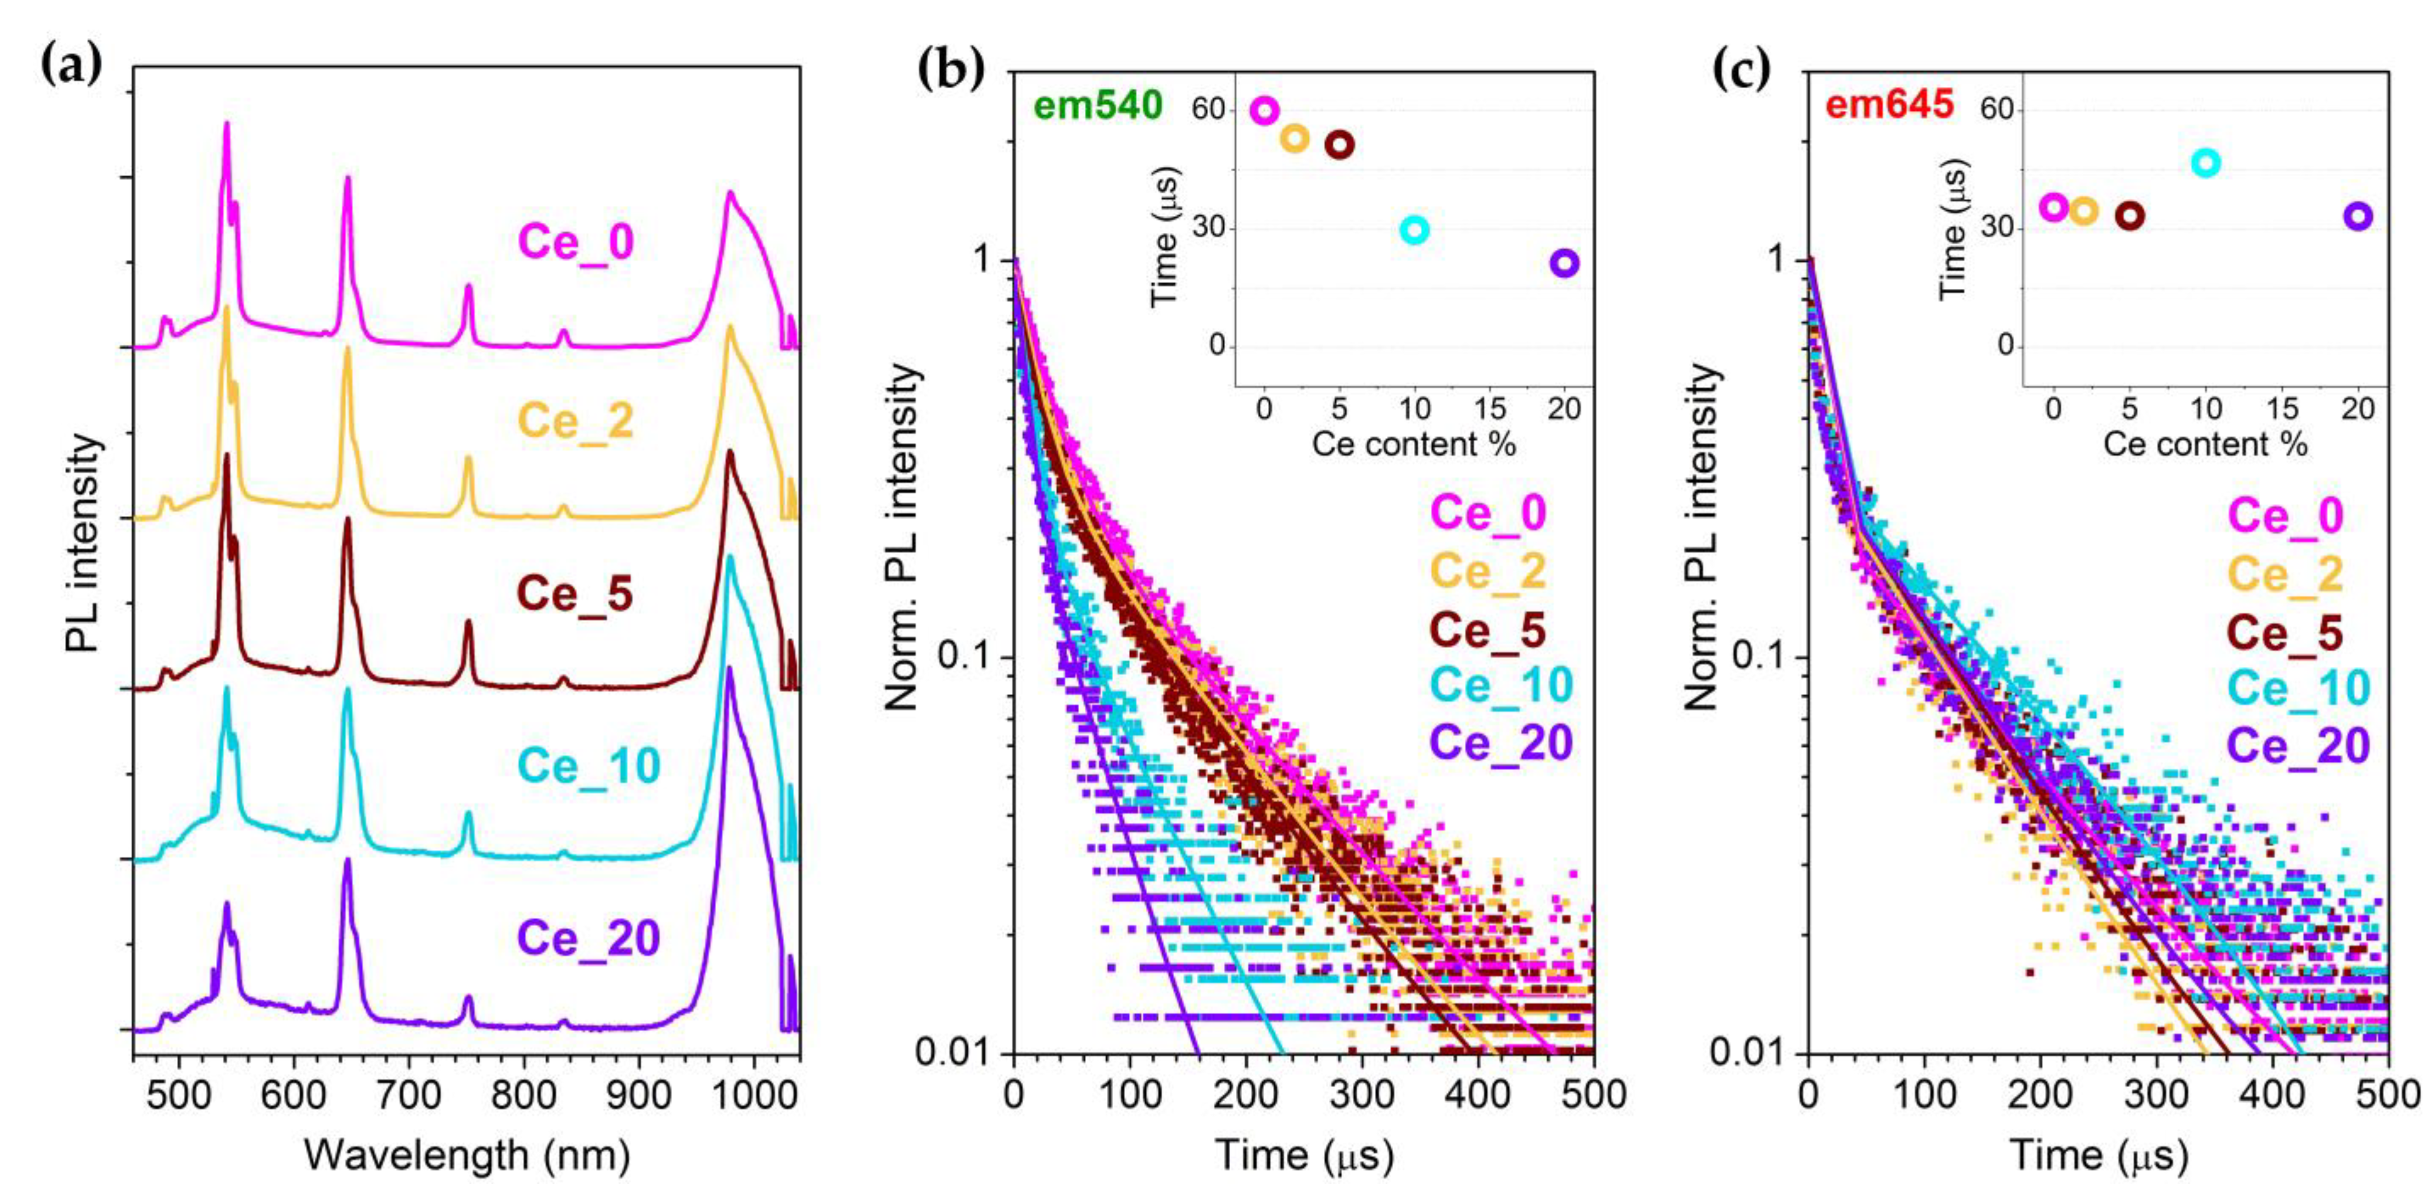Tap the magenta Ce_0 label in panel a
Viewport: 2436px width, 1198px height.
click(x=576, y=242)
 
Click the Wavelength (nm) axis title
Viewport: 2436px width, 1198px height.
click(x=467, y=1156)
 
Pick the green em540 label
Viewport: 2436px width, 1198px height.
click(x=1097, y=106)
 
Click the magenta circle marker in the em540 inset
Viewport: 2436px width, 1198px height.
click(x=1264, y=111)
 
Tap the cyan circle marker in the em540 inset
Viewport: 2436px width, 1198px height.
click(x=1414, y=230)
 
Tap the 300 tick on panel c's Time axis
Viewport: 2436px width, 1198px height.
click(x=2156, y=1094)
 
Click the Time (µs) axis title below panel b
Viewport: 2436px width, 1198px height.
click(x=1304, y=1156)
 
